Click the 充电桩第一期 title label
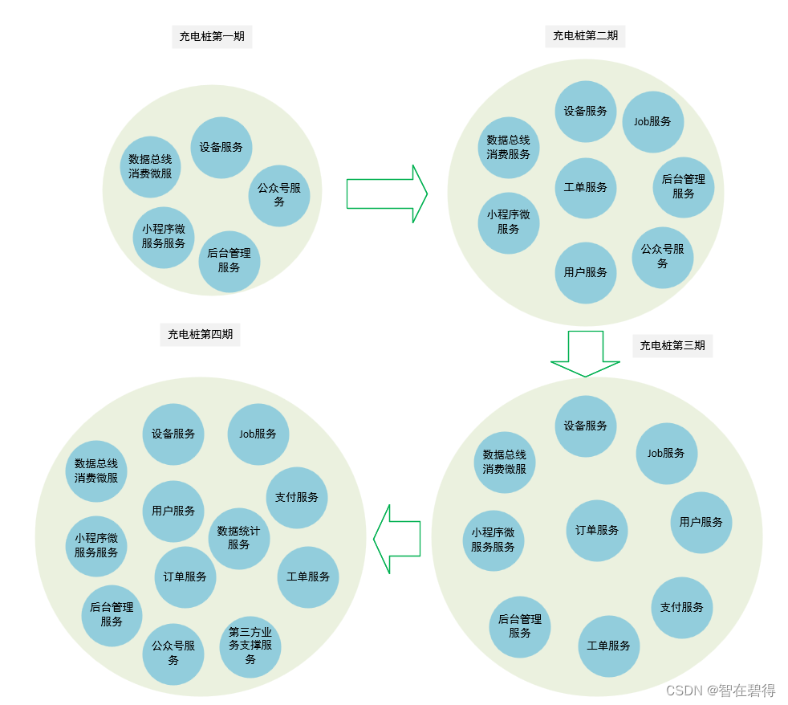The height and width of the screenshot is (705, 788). click(x=213, y=36)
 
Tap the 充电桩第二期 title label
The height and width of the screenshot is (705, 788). click(x=586, y=36)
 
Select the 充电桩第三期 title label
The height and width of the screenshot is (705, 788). click(x=672, y=346)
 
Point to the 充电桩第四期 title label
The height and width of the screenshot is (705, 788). click(x=201, y=334)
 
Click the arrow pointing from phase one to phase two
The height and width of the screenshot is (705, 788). click(x=386, y=194)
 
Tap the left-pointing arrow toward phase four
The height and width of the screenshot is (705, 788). click(x=397, y=539)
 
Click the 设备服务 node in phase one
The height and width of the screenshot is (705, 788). click(x=221, y=148)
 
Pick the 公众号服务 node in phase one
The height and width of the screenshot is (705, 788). click(x=279, y=195)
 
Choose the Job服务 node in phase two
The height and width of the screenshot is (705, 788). click(x=653, y=122)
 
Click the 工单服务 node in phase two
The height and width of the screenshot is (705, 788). click(x=586, y=188)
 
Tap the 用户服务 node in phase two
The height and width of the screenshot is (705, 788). click(x=586, y=273)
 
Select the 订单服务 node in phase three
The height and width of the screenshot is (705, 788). click(x=598, y=531)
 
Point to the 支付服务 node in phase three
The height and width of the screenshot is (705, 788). click(x=682, y=608)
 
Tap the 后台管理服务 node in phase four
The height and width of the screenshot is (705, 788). click(x=112, y=615)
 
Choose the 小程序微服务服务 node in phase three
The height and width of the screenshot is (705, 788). click(x=494, y=540)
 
